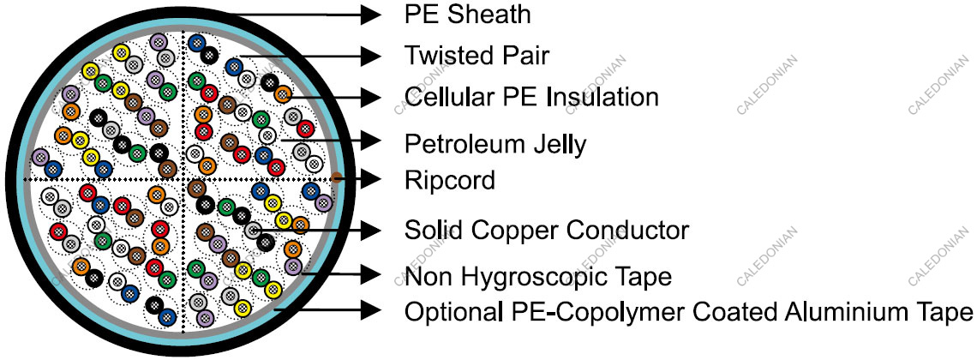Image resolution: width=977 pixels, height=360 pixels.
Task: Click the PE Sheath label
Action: tap(467, 15)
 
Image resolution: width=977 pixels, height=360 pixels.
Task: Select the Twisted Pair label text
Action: tap(477, 56)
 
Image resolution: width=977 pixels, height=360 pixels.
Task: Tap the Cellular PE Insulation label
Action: tap(530, 97)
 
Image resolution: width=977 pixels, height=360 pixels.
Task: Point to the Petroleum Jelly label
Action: tap(495, 145)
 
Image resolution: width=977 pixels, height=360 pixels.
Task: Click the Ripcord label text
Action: tap(450, 181)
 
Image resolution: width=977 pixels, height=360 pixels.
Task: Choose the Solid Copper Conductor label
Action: tap(547, 231)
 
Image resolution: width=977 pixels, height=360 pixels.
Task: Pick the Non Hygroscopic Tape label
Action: tap(537, 276)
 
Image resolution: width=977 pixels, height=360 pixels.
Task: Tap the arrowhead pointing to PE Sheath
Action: tap(370, 15)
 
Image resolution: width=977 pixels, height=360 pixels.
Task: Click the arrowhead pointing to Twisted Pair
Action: tap(370, 56)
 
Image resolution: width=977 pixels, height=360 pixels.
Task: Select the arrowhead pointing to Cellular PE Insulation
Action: tap(370, 97)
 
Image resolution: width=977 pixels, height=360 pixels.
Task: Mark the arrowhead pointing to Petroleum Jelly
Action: tap(370, 141)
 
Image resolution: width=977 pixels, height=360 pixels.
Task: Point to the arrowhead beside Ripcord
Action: tap(370, 179)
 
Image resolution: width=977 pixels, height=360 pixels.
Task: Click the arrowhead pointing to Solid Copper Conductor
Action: tap(370, 231)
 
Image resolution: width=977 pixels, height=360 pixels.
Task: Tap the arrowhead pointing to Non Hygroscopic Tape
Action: tap(370, 274)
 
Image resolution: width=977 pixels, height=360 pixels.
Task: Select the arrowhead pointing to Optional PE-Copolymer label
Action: tap(370, 309)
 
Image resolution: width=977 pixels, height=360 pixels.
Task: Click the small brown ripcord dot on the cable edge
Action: tap(337, 178)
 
